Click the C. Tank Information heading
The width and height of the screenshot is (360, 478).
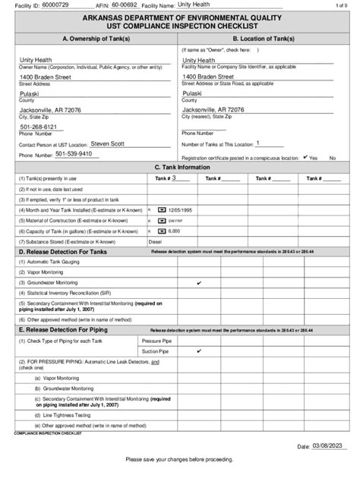coord(179,167)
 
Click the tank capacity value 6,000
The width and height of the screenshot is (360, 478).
coord(174,230)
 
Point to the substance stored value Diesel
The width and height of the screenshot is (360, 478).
coord(153,241)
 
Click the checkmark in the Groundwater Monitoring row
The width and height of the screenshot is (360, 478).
coord(199,282)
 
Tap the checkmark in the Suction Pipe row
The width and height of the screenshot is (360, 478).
coord(199,352)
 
